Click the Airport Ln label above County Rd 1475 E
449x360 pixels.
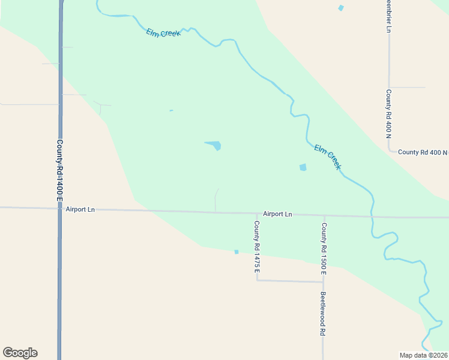pyautogui.click(x=277, y=214)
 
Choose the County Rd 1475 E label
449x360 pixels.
pyautogui.click(x=256, y=248)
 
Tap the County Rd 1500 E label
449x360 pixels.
pyautogui.click(x=324, y=249)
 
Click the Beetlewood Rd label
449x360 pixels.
pyautogui.click(x=323, y=314)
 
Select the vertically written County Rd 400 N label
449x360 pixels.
pyautogui.click(x=388, y=114)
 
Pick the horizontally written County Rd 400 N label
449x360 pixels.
pyautogui.click(x=423, y=152)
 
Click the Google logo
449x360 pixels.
pyautogui.click(x=20, y=353)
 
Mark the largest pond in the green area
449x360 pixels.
pyautogui.click(x=214, y=145)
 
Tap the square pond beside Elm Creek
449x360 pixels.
pyautogui.click(x=303, y=167)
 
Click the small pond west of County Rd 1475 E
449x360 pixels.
pyautogui.click(x=237, y=252)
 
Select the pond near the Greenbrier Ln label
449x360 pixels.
pyautogui.click(x=341, y=8)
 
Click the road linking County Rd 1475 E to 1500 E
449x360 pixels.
pyautogui.click(x=290, y=281)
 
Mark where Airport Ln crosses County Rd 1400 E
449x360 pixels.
pyautogui.click(x=60, y=208)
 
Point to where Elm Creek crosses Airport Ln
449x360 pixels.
pyautogui.click(x=372, y=216)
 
